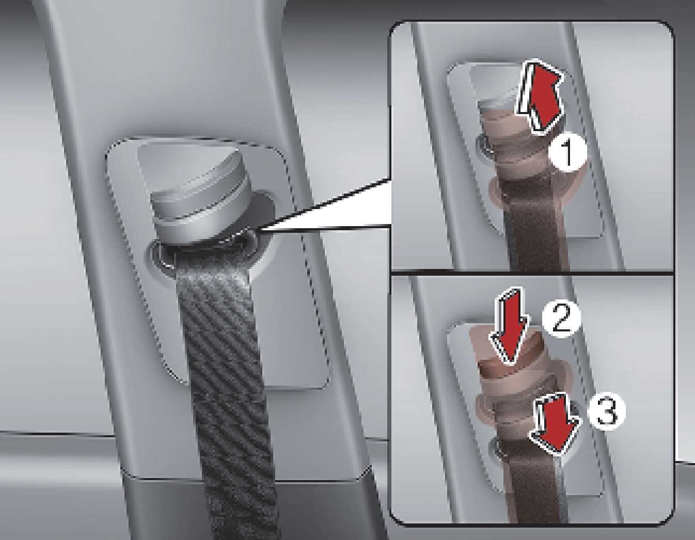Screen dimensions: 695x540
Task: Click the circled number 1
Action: pyautogui.click(x=568, y=154)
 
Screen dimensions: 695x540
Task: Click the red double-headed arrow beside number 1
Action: pyautogui.click(x=540, y=96)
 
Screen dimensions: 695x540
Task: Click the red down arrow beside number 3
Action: pyautogui.click(x=555, y=424)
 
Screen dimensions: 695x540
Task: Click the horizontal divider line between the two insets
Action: pyautogui.click(x=533, y=274)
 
